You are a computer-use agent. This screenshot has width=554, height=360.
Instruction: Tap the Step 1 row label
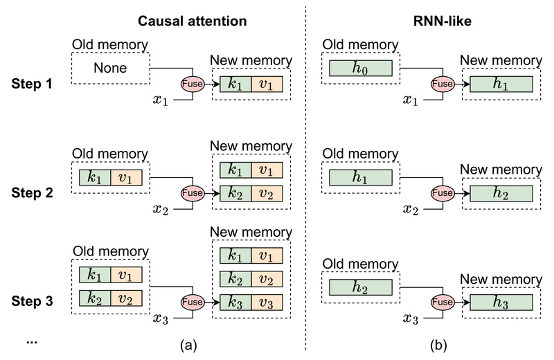pyautogui.click(x=34, y=85)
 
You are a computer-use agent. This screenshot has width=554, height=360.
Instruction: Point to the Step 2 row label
pyautogui.click(x=34, y=192)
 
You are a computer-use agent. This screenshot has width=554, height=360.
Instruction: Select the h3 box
pyautogui.click(x=501, y=303)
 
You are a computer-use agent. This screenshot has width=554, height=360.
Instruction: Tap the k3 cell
pyautogui.click(x=235, y=303)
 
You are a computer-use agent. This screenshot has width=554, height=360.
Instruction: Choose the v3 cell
pyautogui.click(x=267, y=303)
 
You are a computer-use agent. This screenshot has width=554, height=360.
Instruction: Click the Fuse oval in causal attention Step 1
pyautogui.click(x=192, y=84)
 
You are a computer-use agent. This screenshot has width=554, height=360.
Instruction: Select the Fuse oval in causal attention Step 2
pyautogui.click(x=192, y=192)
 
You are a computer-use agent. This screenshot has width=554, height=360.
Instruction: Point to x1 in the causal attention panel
pyautogui.click(x=161, y=100)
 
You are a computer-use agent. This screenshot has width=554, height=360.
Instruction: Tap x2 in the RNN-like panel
pyautogui.click(x=411, y=208)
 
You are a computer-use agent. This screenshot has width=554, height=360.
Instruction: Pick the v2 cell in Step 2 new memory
pyautogui.click(x=267, y=193)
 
